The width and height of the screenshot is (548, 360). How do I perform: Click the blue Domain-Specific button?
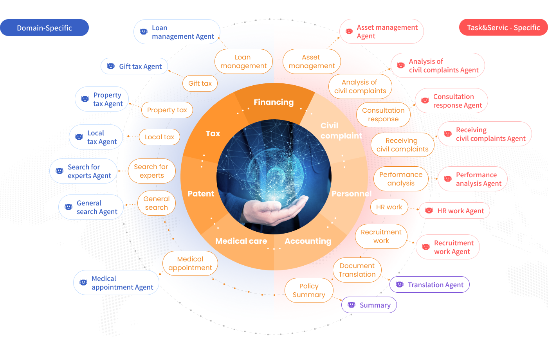coord(44,28)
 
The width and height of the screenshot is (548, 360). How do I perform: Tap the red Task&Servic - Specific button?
coord(503,27)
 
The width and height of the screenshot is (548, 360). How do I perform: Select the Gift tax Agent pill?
coord(134,66)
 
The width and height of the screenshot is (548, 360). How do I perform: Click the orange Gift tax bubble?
coord(200,83)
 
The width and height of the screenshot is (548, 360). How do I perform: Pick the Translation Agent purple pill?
coord(429,284)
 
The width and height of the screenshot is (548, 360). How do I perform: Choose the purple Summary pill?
coord(369,305)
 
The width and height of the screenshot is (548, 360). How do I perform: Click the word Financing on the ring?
coord(274,102)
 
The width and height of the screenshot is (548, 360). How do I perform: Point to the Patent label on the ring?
coord(200,194)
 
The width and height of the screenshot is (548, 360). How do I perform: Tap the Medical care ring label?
coord(241,241)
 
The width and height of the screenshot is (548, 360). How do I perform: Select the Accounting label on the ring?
coord(308,241)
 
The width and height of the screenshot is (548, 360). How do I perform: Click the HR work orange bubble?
coord(389,207)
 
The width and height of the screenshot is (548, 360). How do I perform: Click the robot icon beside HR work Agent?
coord(429,211)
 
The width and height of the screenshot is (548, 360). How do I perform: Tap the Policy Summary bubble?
coord(309,290)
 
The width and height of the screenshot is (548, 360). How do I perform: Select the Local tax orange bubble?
coord(159,137)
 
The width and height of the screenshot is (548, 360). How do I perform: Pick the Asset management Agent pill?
coord(381,32)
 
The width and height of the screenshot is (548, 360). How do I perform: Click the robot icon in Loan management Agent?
coord(144,32)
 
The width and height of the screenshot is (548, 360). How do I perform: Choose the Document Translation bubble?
coord(357,270)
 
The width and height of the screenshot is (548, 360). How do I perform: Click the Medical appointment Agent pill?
coord(116,283)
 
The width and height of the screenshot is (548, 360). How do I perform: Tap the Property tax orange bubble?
coord(167,110)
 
